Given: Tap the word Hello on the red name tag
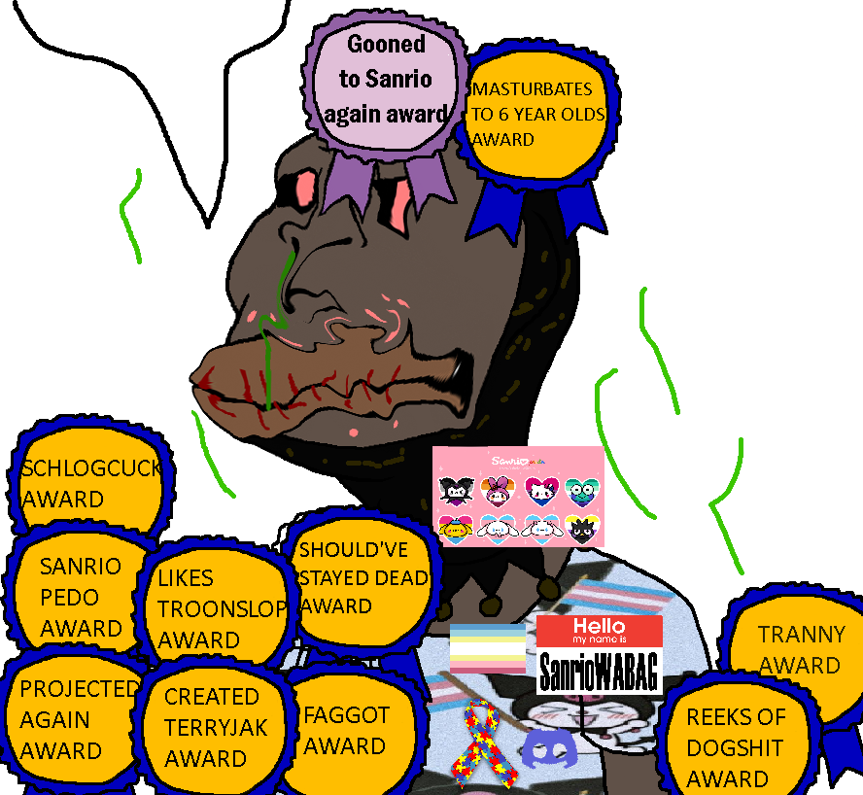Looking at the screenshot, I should [599, 626].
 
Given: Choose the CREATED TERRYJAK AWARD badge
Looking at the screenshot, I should [212, 727].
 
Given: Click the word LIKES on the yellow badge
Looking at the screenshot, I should [186, 578].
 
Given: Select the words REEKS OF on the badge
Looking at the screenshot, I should [736, 717].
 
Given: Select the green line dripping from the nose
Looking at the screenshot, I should [271, 330].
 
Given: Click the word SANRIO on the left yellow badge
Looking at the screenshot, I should [81, 567].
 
